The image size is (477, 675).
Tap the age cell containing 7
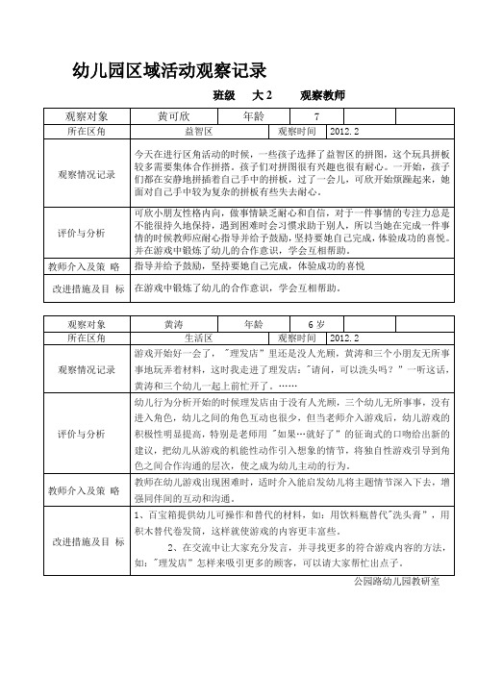coord(303,116)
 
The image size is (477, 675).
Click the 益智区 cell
coord(198,130)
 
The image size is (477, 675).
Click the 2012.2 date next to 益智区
coord(343,130)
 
